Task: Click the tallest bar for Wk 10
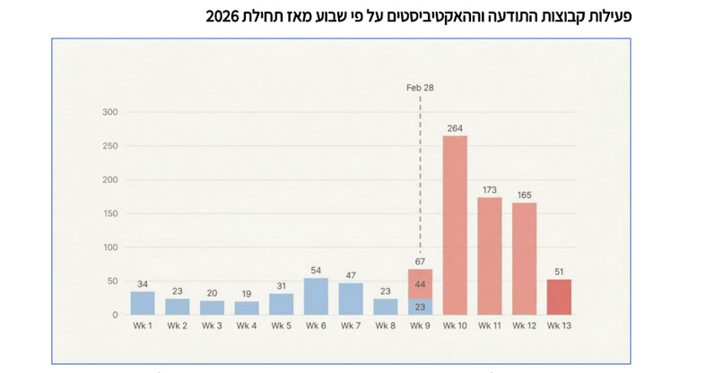pyautogui.click(x=455, y=224)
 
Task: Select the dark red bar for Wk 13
pyautogui.click(x=559, y=297)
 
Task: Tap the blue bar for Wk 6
pyautogui.click(x=316, y=296)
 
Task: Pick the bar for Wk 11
pyautogui.click(x=490, y=256)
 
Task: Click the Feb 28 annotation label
pyautogui.click(x=420, y=88)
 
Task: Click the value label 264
pyautogui.click(x=455, y=126)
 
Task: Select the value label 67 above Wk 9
pyautogui.click(x=420, y=261)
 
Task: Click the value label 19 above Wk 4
pyautogui.click(x=247, y=293)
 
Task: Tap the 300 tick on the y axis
pyautogui.click(x=109, y=112)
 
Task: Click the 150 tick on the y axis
pyautogui.click(x=109, y=213)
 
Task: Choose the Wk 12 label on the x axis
pyautogui.click(x=524, y=325)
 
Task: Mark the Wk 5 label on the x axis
pyautogui.click(x=281, y=325)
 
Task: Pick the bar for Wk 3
pyautogui.click(x=212, y=308)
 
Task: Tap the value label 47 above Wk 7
pyautogui.click(x=351, y=274)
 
